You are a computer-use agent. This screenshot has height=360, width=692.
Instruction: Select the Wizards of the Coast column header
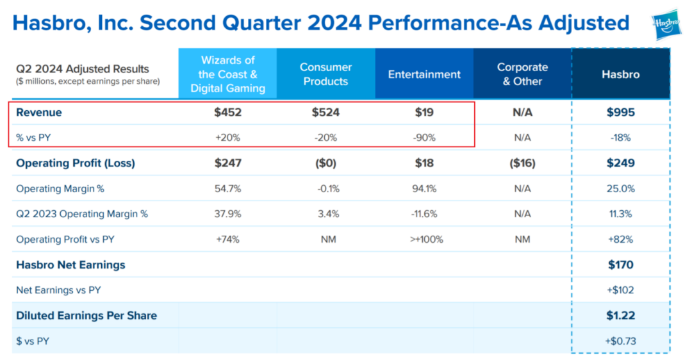click(x=227, y=74)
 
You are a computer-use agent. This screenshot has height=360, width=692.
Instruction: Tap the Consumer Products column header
click(x=325, y=74)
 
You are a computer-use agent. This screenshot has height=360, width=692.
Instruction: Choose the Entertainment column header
click(x=424, y=74)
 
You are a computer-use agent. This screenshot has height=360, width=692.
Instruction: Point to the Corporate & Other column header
click(x=522, y=74)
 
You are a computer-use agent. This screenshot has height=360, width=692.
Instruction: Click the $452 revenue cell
click(x=228, y=113)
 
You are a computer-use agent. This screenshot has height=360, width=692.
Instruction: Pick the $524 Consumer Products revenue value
click(x=325, y=113)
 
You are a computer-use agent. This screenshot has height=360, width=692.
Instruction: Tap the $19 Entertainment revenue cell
click(x=424, y=113)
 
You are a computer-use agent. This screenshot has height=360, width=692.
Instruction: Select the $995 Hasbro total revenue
click(x=620, y=113)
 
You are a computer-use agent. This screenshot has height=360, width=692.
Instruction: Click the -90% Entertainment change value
click(x=424, y=138)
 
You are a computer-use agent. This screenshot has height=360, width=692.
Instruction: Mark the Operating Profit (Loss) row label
click(x=76, y=163)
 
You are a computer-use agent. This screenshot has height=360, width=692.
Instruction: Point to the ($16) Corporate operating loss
click(x=522, y=163)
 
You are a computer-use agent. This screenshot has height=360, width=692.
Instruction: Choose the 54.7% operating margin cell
click(x=228, y=189)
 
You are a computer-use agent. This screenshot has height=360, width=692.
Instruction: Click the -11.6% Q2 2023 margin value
click(x=424, y=214)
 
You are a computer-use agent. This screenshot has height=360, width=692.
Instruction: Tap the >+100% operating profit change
click(x=424, y=240)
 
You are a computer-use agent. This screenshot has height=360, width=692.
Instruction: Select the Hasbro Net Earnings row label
click(x=70, y=265)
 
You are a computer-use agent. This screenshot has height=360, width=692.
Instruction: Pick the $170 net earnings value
click(x=620, y=265)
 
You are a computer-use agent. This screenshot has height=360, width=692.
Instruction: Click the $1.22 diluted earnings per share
click(x=620, y=315)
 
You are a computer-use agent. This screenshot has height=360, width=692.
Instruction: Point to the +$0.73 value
click(x=620, y=341)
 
